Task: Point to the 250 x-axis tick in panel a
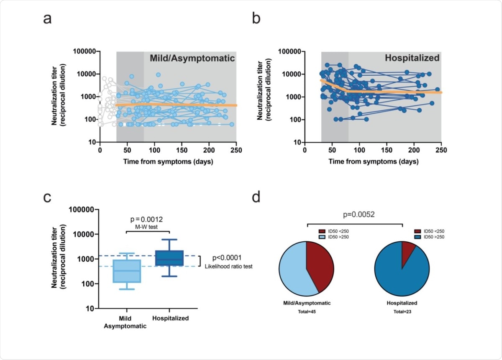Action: [x=236, y=151]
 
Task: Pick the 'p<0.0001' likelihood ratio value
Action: [x=226, y=258]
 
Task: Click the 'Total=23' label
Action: [x=402, y=312]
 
